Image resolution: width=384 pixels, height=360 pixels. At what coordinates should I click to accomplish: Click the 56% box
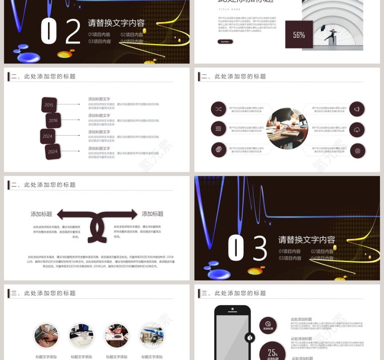tap(299, 35)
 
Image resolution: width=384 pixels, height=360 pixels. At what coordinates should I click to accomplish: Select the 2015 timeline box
tap(49, 105)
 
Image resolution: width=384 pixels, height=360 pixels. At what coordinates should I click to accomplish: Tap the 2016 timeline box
tap(53, 121)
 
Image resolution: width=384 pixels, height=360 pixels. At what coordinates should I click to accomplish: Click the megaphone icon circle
tap(357, 109)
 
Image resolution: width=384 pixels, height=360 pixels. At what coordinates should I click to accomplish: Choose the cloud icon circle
tap(357, 130)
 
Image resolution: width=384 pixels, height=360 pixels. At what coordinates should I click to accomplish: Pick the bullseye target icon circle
tap(357, 150)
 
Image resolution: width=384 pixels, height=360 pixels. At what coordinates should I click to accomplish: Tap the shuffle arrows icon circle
tap(219, 109)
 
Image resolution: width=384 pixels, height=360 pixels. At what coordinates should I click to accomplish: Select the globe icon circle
tap(219, 150)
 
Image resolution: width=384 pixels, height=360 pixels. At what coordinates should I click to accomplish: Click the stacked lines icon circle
tap(219, 129)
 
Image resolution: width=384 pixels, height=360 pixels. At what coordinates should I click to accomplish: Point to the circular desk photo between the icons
tap(287, 129)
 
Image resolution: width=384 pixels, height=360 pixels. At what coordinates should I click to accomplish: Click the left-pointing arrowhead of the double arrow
tap(62, 214)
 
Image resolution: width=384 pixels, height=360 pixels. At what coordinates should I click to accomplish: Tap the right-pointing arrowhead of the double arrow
tap(133, 214)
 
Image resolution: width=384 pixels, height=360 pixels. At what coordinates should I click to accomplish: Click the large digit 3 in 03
tap(260, 248)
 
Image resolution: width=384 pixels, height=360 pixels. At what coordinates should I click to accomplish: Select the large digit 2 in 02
tap(72, 31)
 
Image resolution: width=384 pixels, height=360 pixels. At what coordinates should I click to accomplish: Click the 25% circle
tap(273, 353)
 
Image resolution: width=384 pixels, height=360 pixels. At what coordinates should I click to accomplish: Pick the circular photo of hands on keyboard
tap(46, 336)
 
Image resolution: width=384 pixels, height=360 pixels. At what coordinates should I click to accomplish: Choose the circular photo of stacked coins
tap(151, 336)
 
